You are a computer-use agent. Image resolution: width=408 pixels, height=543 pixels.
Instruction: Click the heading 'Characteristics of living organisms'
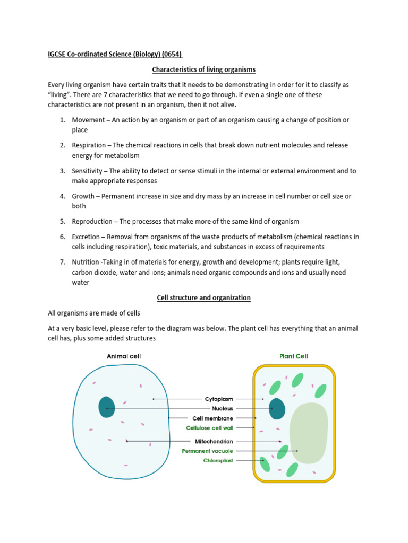[203, 69]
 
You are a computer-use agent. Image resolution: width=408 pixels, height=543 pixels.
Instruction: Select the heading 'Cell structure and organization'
[203, 297]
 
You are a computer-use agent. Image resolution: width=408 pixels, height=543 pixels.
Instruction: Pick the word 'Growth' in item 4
[83, 196]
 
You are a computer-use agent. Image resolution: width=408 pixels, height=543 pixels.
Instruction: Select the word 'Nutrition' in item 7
[86, 262]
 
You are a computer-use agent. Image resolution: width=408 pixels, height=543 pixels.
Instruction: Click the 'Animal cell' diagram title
[124, 356]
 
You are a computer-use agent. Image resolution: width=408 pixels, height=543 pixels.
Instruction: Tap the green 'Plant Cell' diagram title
[293, 356]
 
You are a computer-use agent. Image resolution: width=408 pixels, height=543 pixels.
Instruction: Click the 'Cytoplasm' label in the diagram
[219, 399]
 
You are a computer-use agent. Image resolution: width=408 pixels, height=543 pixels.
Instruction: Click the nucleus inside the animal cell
[107, 407]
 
